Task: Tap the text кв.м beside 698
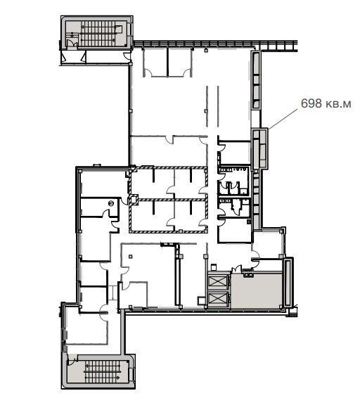click(x=338, y=104)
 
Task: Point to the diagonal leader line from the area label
click(x=283, y=119)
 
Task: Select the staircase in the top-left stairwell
click(x=98, y=32)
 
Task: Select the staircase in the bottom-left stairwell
click(x=103, y=371)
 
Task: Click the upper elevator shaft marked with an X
click(x=218, y=281)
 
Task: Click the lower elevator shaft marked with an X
click(x=218, y=298)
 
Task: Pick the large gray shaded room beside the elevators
click(x=257, y=291)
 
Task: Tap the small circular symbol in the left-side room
click(x=110, y=203)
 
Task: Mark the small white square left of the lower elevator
click(x=202, y=300)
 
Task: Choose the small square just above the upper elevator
click(x=214, y=267)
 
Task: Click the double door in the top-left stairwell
click(x=72, y=43)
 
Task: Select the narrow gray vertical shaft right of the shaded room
click(x=288, y=283)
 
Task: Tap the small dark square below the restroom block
click(x=249, y=222)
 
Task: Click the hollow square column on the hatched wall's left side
click(x=134, y=199)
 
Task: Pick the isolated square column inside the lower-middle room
click(x=131, y=257)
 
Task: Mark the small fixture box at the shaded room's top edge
click(x=247, y=274)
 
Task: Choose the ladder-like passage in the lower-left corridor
click(x=112, y=293)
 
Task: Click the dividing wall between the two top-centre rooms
click(x=167, y=62)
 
